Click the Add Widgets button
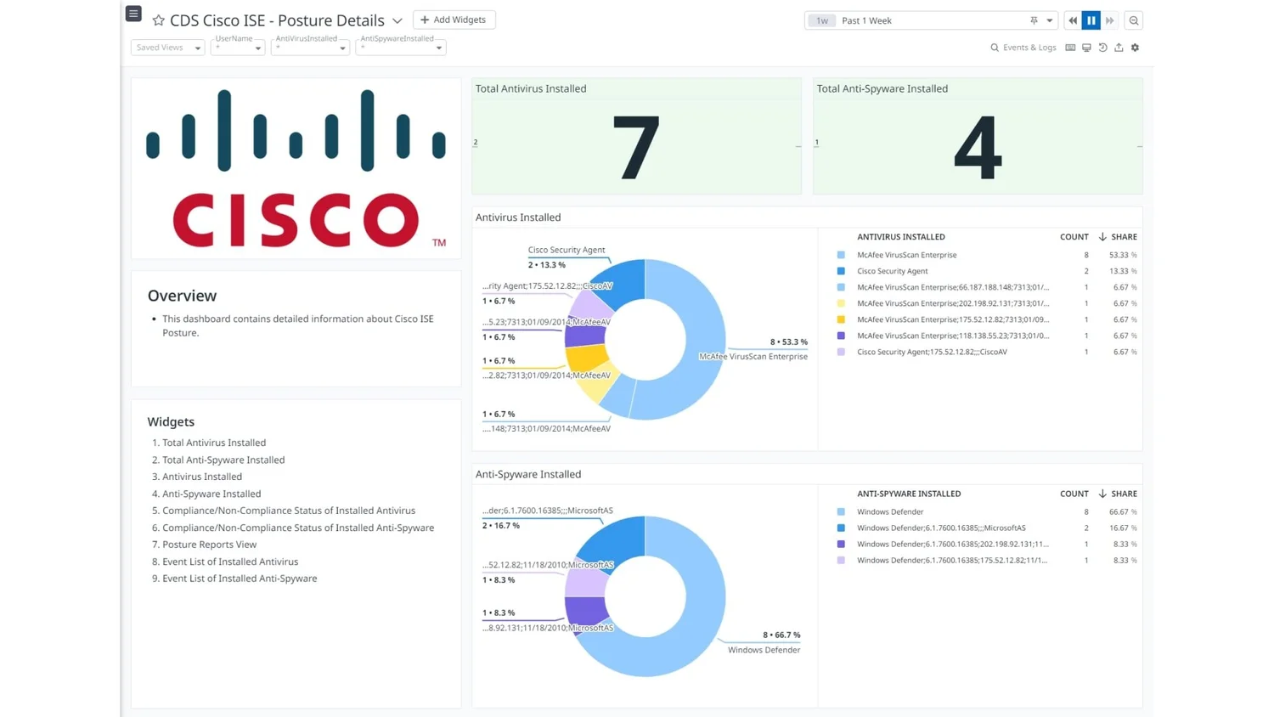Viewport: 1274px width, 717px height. point(454,20)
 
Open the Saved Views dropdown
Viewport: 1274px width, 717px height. point(167,48)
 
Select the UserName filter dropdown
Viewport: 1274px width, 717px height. point(238,48)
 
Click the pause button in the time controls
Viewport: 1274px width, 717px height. point(1091,20)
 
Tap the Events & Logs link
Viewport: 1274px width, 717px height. point(1023,48)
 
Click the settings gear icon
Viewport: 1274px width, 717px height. point(1135,48)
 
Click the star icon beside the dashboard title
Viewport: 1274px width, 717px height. point(158,20)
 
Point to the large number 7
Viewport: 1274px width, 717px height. point(635,148)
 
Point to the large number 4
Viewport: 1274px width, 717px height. point(977,148)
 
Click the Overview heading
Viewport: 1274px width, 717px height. point(182,296)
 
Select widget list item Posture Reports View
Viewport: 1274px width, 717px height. point(209,545)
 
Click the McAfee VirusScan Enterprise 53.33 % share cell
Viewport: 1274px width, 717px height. point(1122,255)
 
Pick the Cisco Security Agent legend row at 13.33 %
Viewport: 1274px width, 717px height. point(892,271)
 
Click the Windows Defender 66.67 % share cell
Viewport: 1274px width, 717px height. point(1122,512)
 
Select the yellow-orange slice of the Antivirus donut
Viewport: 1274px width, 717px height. point(587,358)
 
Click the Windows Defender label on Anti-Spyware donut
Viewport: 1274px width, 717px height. point(764,650)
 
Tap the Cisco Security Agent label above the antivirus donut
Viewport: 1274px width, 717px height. point(566,250)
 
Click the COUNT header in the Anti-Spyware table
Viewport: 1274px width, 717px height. point(1074,494)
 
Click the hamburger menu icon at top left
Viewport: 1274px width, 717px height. point(133,14)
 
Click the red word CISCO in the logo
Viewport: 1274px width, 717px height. point(296,220)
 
